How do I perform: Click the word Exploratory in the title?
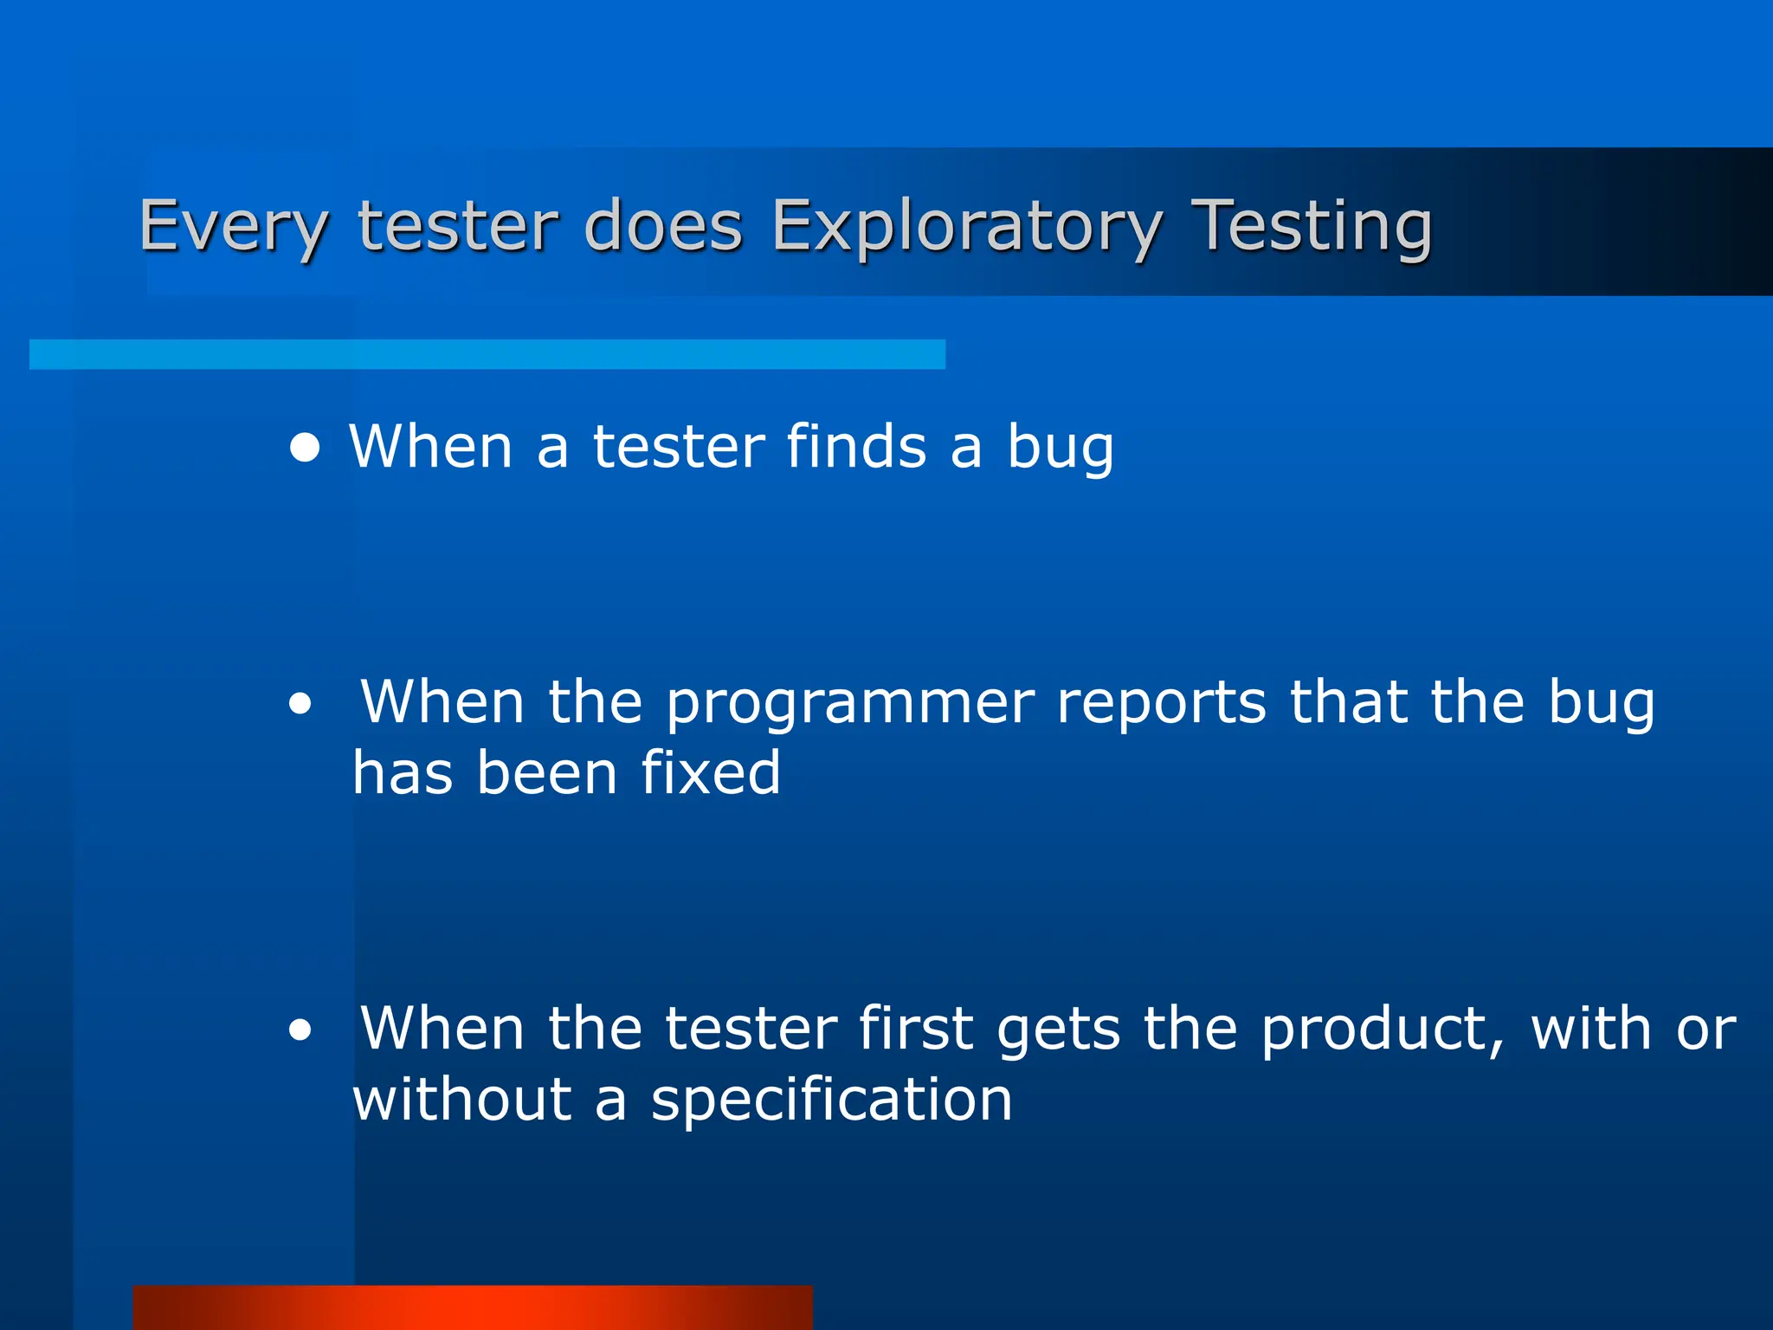click(966, 227)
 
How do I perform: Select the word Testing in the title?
click(1312, 227)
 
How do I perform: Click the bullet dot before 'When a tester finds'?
click(305, 449)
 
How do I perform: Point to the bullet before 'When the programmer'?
click(300, 705)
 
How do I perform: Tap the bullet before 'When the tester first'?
click(300, 1030)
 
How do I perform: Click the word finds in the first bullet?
click(856, 447)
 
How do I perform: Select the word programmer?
click(850, 703)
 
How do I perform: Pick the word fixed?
click(711, 772)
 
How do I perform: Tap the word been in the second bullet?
click(547, 772)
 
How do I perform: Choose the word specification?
click(831, 1101)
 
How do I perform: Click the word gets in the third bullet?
click(1058, 1030)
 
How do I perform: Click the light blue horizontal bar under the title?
click(487, 354)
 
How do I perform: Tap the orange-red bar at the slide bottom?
click(473, 1307)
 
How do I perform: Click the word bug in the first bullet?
click(1060, 449)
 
